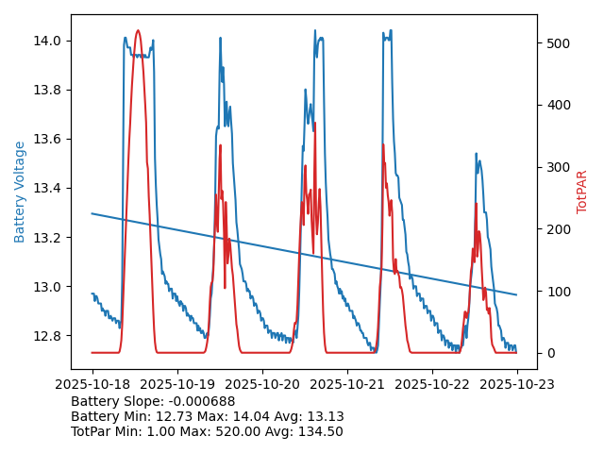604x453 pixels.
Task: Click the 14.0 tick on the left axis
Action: pyautogui.click(x=48, y=41)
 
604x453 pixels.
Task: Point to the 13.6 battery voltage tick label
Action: pyautogui.click(x=48, y=139)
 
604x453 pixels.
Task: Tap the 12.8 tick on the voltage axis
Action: pyautogui.click(x=48, y=336)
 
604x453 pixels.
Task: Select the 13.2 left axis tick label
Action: pyautogui.click(x=48, y=238)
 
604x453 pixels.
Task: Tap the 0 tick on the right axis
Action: pyautogui.click(x=549, y=353)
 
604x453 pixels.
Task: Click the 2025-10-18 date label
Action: pyautogui.click(x=92, y=385)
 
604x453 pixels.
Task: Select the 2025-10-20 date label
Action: pyautogui.click(x=262, y=385)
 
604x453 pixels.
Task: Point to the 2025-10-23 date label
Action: pyautogui.click(x=517, y=385)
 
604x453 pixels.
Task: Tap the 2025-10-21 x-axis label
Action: pyautogui.click(x=347, y=385)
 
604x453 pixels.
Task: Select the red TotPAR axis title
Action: pyautogui.click(x=582, y=192)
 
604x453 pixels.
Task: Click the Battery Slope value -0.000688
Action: pyautogui.click(x=202, y=401)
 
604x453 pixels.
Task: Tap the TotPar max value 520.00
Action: pyautogui.click(x=234, y=431)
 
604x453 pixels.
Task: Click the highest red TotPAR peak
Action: pyautogui.click(x=138, y=30)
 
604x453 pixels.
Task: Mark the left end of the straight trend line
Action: pyautogui.click(x=92, y=213)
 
